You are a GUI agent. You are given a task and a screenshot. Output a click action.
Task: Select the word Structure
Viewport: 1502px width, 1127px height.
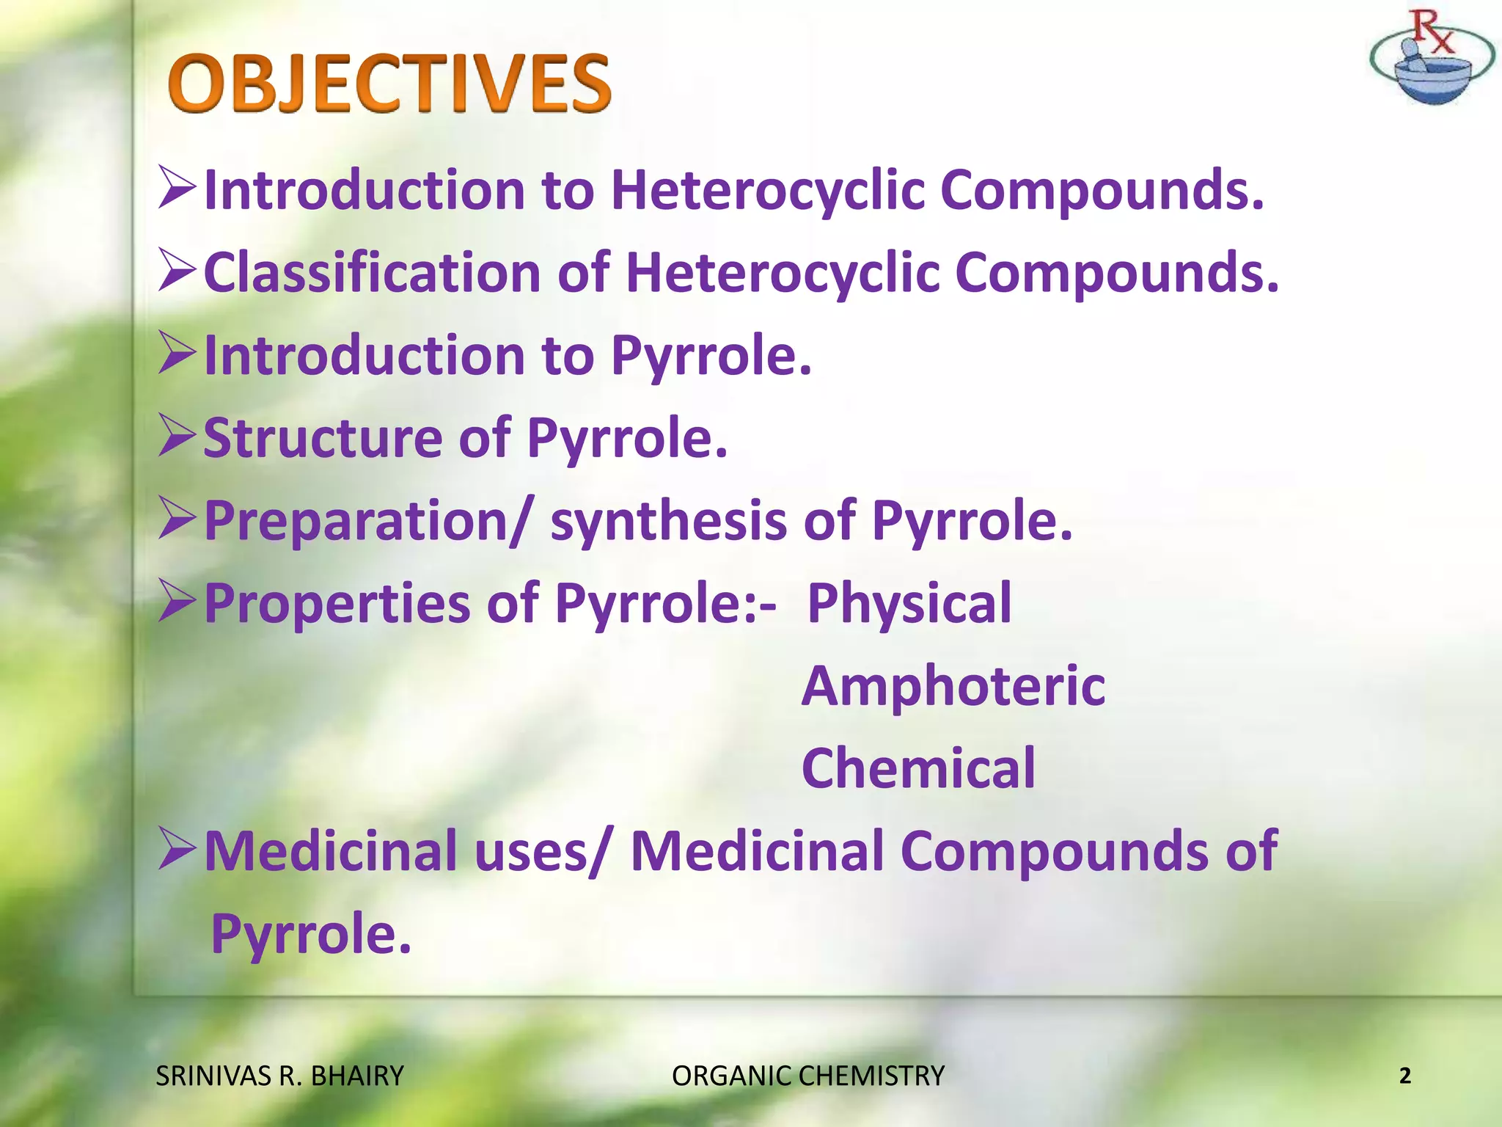tap(322, 438)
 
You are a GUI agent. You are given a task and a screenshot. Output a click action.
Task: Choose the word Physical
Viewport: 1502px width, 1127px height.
tap(909, 604)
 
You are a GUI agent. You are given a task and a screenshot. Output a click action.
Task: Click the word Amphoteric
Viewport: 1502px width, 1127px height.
tap(953, 686)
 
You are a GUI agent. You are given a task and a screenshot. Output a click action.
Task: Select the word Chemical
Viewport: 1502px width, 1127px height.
tap(918, 769)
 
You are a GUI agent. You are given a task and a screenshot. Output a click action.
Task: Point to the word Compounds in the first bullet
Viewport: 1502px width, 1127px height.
tap(1102, 191)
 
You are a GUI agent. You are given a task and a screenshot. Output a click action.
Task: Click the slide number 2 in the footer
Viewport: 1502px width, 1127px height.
tap(1404, 1076)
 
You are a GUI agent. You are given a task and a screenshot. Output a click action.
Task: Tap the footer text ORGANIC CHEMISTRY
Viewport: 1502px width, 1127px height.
tap(808, 1076)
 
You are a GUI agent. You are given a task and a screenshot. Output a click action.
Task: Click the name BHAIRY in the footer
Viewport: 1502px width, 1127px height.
tap(357, 1076)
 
